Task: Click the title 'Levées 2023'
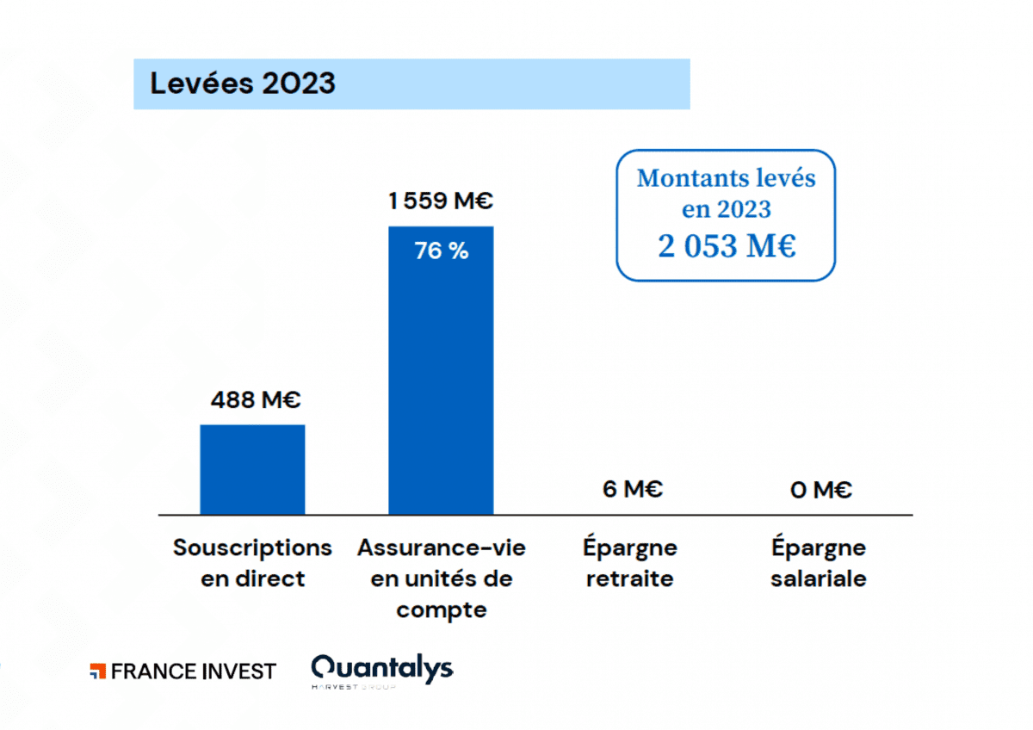243,84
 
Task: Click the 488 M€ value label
256,400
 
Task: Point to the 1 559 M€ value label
440,201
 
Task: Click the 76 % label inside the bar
441,252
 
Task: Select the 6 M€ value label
633,490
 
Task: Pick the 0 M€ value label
820,491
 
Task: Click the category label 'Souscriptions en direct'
252,563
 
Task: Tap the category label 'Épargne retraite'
630,563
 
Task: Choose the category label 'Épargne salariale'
818,563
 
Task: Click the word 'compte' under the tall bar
442,610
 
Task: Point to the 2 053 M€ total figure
727,246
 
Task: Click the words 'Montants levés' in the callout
726,178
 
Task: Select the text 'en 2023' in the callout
726,209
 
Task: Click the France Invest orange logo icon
97,671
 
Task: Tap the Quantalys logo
381,668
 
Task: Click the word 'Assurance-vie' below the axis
442,547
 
